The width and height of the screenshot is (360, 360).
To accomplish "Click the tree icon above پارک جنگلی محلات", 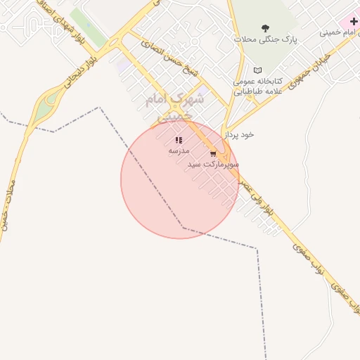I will (x=265, y=29).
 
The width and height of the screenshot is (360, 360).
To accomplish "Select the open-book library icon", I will (x=257, y=70).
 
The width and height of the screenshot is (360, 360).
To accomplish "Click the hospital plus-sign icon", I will (x=354, y=22).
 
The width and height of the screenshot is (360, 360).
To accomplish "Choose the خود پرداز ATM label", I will (x=239, y=134).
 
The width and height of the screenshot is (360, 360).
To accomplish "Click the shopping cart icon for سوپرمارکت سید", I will (x=213, y=153).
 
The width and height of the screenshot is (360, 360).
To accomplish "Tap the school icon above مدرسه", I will (x=179, y=140).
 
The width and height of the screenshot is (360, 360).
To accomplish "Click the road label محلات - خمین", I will (x=6, y=200).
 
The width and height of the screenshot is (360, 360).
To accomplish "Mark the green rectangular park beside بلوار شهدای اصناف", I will (x=86, y=25).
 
